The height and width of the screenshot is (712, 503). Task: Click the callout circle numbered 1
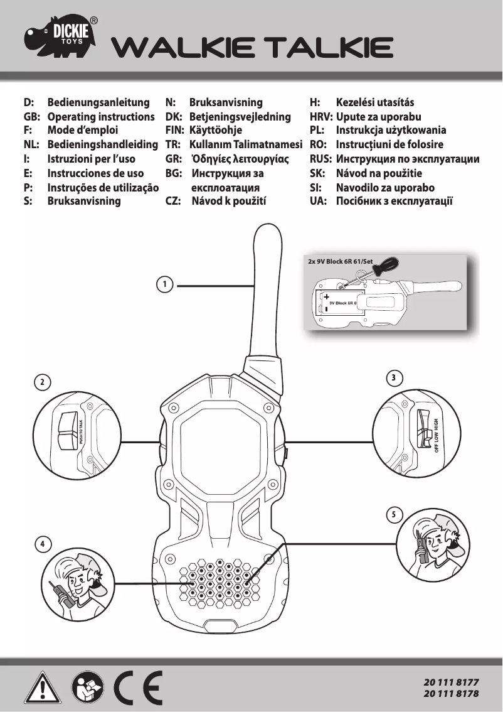164,285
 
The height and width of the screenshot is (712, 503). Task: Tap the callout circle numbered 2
42,382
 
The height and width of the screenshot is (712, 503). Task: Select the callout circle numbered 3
393,378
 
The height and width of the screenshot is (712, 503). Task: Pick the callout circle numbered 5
393,515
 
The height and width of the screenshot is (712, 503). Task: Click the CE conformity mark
138,688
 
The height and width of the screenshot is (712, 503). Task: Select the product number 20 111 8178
451,694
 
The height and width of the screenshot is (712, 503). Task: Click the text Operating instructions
101,117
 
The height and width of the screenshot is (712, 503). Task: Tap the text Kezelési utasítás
375,102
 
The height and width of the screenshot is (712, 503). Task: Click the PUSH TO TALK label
82,431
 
